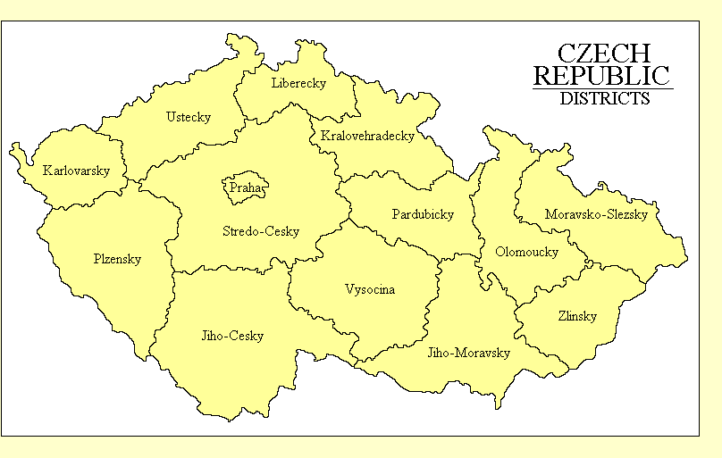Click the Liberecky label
click(298, 84)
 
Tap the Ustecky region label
click(189, 117)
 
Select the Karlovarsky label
click(76, 171)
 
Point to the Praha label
click(243, 188)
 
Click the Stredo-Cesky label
click(261, 232)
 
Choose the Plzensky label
click(117, 259)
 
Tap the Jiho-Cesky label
click(232, 337)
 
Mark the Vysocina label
click(369, 289)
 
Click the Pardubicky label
click(423, 214)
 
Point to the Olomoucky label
click(526, 252)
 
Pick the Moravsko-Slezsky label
click(596, 214)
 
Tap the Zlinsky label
click(577, 316)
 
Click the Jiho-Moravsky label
click(469, 353)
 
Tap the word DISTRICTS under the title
click(604, 99)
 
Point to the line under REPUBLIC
click(603, 88)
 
